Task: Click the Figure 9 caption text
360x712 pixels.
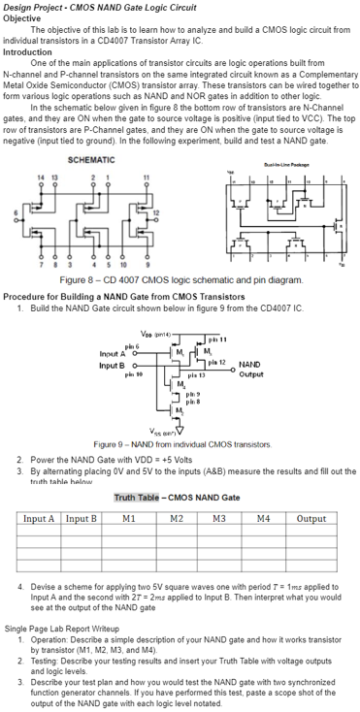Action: pos(180,442)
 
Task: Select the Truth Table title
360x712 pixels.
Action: pos(177,498)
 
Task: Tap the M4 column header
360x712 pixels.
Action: pos(264,519)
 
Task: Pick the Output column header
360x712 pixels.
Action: pos(311,519)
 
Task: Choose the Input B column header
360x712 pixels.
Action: pos(81,519)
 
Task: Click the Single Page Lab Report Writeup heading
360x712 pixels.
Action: pos(56,628)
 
